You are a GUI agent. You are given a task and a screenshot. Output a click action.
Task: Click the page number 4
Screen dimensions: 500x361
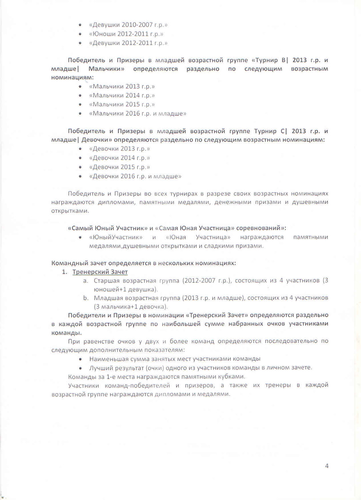327,466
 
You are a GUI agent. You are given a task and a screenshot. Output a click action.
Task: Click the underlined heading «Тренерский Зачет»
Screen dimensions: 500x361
100,272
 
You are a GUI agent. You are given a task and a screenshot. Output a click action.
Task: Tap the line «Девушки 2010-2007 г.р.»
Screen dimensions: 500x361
128,25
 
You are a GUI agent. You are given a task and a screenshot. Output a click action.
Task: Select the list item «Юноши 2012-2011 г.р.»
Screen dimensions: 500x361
126,34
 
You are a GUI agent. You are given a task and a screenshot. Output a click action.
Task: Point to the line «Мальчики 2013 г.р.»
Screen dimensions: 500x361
122,86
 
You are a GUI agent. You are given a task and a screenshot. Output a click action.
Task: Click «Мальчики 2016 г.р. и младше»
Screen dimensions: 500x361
137,113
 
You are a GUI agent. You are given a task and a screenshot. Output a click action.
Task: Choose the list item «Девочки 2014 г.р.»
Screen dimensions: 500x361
119,158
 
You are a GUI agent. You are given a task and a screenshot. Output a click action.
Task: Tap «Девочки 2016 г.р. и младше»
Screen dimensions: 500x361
135,176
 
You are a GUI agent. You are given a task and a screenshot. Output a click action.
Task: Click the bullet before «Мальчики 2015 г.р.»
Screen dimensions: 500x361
80,104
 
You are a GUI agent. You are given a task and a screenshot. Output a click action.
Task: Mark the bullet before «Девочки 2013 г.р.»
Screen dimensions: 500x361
80,149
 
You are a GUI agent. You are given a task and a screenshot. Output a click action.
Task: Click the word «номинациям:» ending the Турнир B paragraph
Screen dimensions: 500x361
72,77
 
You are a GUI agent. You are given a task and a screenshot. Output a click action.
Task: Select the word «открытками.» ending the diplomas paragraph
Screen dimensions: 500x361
70,211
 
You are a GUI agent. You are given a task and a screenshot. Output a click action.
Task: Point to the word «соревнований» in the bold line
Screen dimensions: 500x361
258,228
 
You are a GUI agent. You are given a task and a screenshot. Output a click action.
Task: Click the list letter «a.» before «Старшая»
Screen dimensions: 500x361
85,280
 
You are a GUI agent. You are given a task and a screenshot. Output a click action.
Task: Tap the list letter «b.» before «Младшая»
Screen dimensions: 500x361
85,298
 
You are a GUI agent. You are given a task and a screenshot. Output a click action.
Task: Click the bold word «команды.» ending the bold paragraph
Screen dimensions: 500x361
66,332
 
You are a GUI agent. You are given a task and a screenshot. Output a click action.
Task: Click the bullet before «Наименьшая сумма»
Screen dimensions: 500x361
80,359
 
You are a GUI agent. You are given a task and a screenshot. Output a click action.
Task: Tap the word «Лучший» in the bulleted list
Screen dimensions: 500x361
99,367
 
